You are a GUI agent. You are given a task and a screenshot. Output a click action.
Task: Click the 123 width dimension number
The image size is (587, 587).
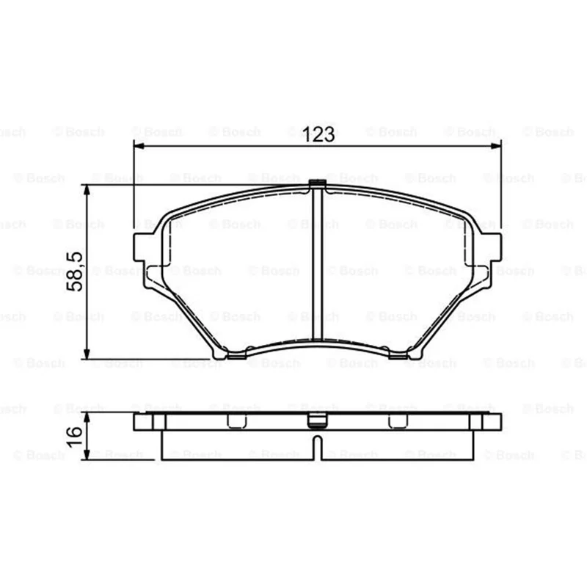pos(318,134)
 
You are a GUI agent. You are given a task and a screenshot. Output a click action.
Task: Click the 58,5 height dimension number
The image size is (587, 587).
pos(74,271)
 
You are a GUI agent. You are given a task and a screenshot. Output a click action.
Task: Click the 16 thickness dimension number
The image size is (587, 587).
pos(74,436)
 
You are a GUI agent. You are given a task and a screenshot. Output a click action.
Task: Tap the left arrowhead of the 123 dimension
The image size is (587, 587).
pos(139,145)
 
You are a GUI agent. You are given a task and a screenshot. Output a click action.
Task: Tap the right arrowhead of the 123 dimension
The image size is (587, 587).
pos(496,145)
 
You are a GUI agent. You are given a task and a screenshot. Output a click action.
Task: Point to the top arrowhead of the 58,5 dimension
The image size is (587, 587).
pos(87,191)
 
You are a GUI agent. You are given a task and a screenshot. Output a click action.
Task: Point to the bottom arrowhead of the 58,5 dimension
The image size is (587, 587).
pos(87,354)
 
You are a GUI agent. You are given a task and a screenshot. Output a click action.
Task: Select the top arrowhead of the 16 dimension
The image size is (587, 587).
pos(87,418)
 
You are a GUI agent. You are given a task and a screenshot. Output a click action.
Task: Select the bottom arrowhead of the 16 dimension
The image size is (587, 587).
pos(87,454)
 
